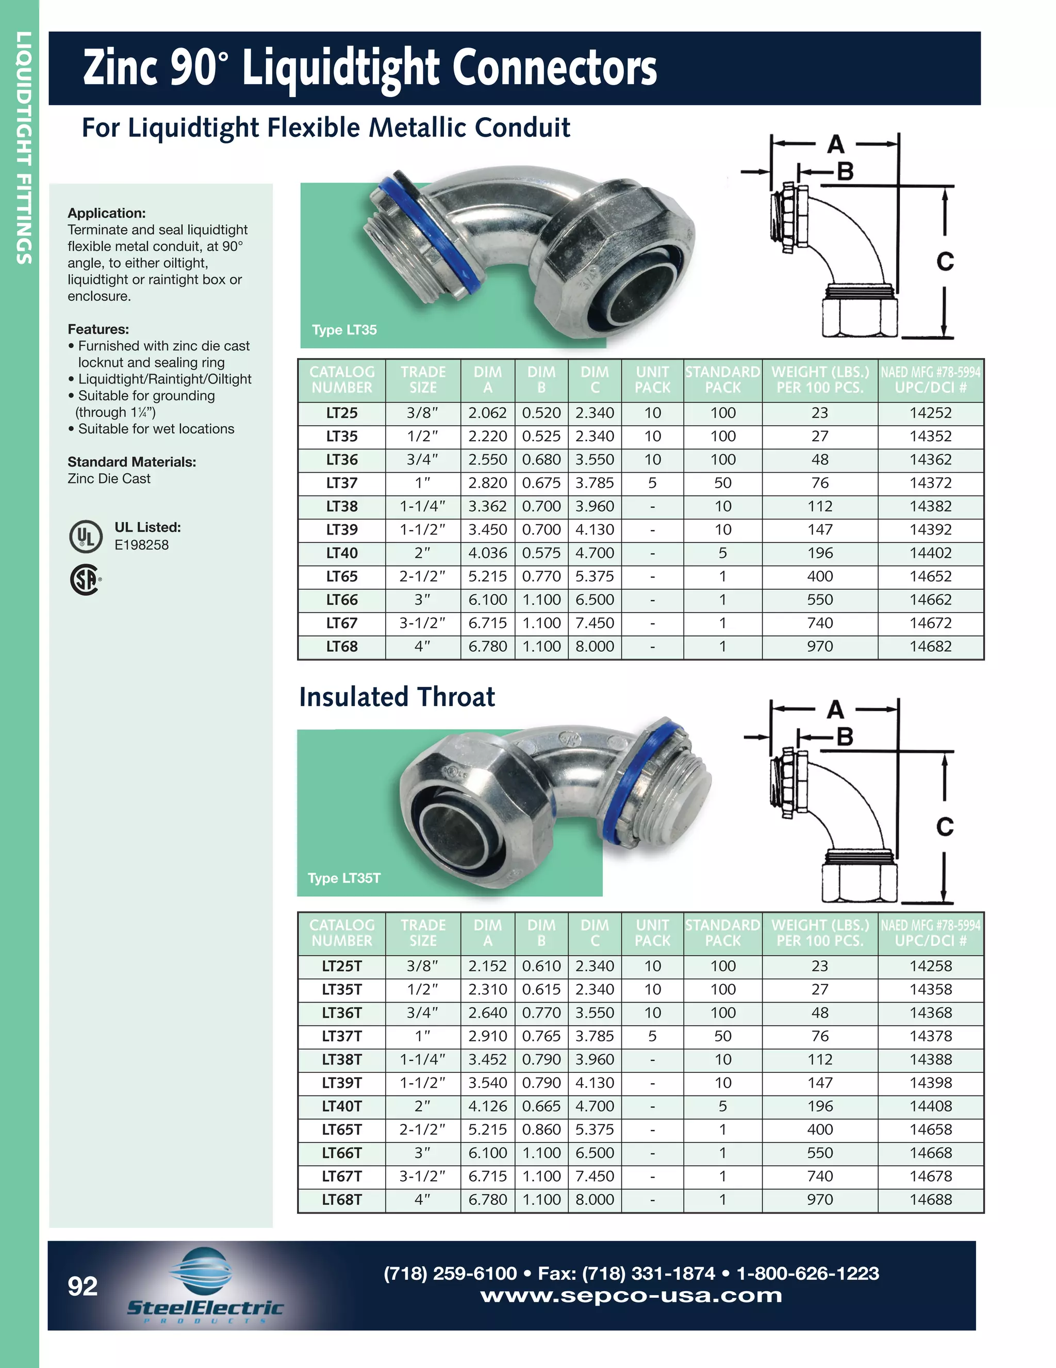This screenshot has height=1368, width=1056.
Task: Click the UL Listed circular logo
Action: (x=86, y=536)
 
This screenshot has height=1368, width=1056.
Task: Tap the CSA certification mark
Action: (x=85, y=580)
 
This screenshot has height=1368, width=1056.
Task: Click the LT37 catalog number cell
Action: (x=342, y=483)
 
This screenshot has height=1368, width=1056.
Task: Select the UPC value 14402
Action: (x=930, y=553)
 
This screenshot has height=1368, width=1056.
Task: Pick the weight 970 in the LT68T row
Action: (x=819, y=1199)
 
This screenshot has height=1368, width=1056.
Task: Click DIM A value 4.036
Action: (x=488, y=553)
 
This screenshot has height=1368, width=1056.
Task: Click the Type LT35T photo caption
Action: (x=344, y=878)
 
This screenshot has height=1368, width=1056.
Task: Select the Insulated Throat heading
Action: (x=397, y=697)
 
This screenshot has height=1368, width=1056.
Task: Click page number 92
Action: (x=82, y=1286)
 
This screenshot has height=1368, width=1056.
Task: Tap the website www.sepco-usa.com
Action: (x=631, y=1295)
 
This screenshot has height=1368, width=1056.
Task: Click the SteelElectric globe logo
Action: (x=200, y=1271)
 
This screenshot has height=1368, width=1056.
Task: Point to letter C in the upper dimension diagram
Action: (x=945, y=261)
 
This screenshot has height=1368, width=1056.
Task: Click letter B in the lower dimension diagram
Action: (x=845, y=736)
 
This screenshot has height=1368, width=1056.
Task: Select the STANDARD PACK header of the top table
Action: (x=722, y=380)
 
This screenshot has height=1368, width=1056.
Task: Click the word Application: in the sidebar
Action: (x=106, y=213)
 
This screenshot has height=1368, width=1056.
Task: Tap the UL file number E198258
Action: (x=141, y=544)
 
